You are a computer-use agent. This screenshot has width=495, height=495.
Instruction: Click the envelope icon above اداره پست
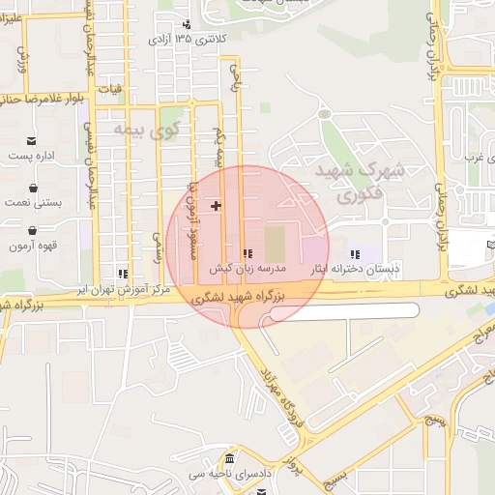(31, 140)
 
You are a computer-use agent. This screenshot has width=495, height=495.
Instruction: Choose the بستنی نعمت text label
(35, 204)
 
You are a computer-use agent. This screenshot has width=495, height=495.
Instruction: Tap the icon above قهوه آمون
(34, 231)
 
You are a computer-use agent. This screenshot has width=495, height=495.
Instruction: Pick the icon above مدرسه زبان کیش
(247, 253)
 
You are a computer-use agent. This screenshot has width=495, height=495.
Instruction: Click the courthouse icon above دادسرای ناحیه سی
(228, 458)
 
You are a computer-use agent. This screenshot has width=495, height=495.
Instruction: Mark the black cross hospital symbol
(216, 206)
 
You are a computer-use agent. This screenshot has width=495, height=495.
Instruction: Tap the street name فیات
(117, 90)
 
